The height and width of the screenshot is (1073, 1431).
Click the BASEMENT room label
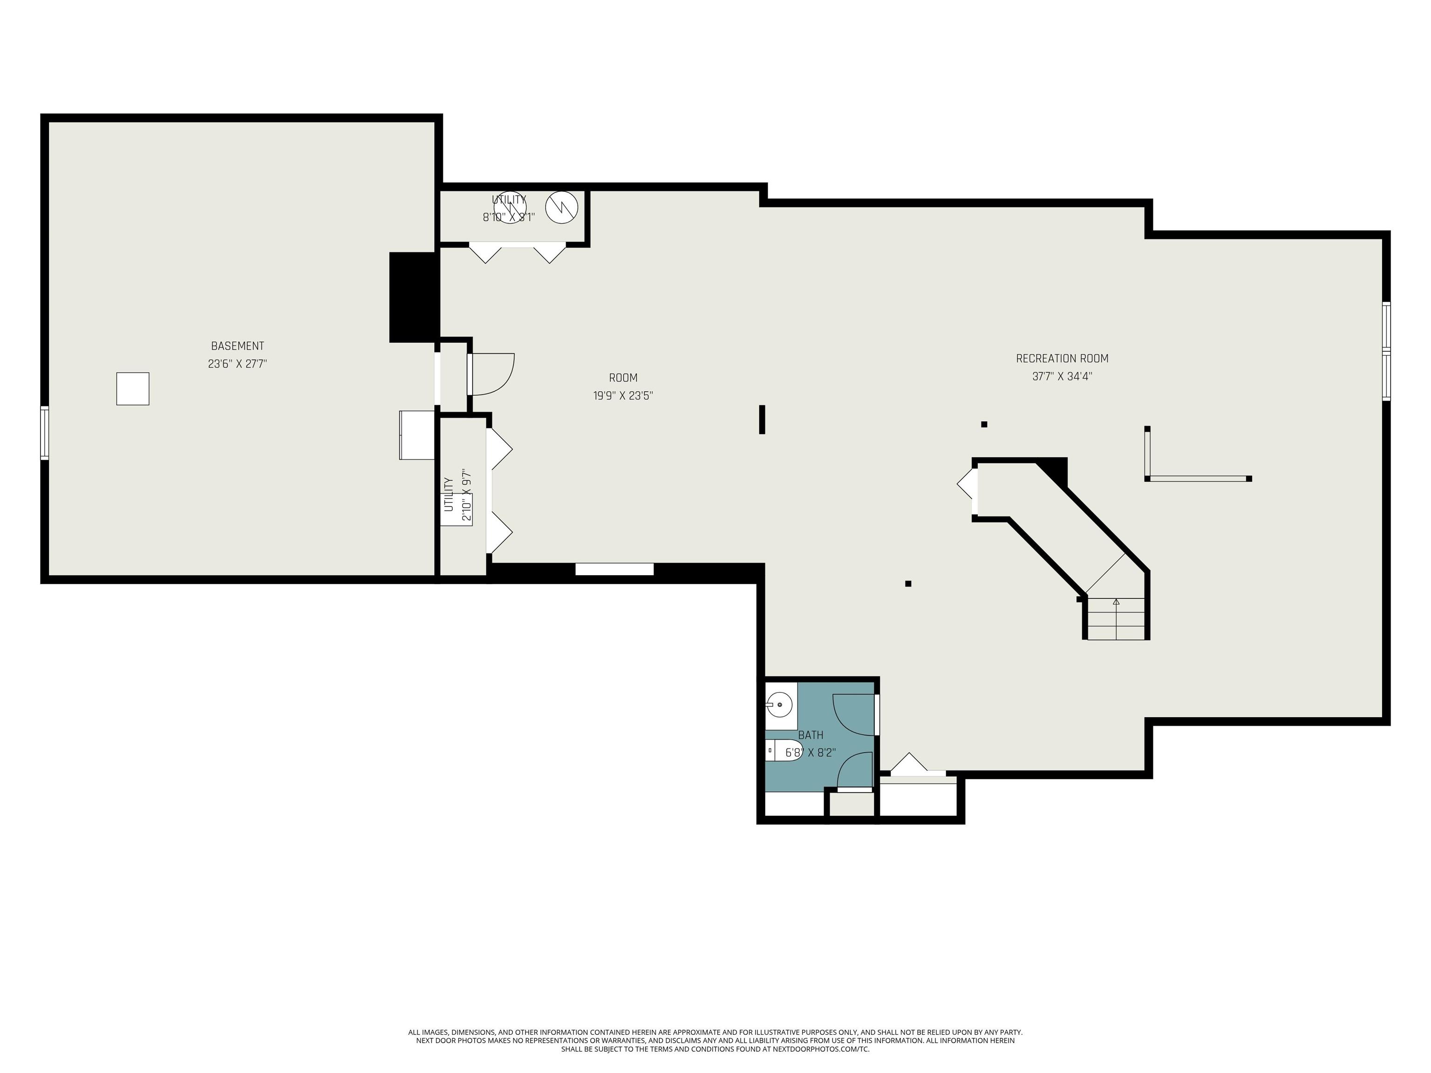click(238, 346)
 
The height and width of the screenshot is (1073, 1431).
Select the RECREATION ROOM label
click(1062, 358)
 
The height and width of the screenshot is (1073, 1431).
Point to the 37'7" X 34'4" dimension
click(1062, 376)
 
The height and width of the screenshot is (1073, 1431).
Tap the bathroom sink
click(780, 704)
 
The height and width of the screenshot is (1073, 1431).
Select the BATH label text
click(811, 735)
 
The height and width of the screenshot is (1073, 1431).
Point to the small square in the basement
click(133, 389)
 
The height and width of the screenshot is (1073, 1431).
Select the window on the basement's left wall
click(45, 433)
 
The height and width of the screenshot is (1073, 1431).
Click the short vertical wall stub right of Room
click(762, 419)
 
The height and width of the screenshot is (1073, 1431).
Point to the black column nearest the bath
click(908, 584)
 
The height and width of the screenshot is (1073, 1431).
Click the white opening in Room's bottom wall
click(614, 569)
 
